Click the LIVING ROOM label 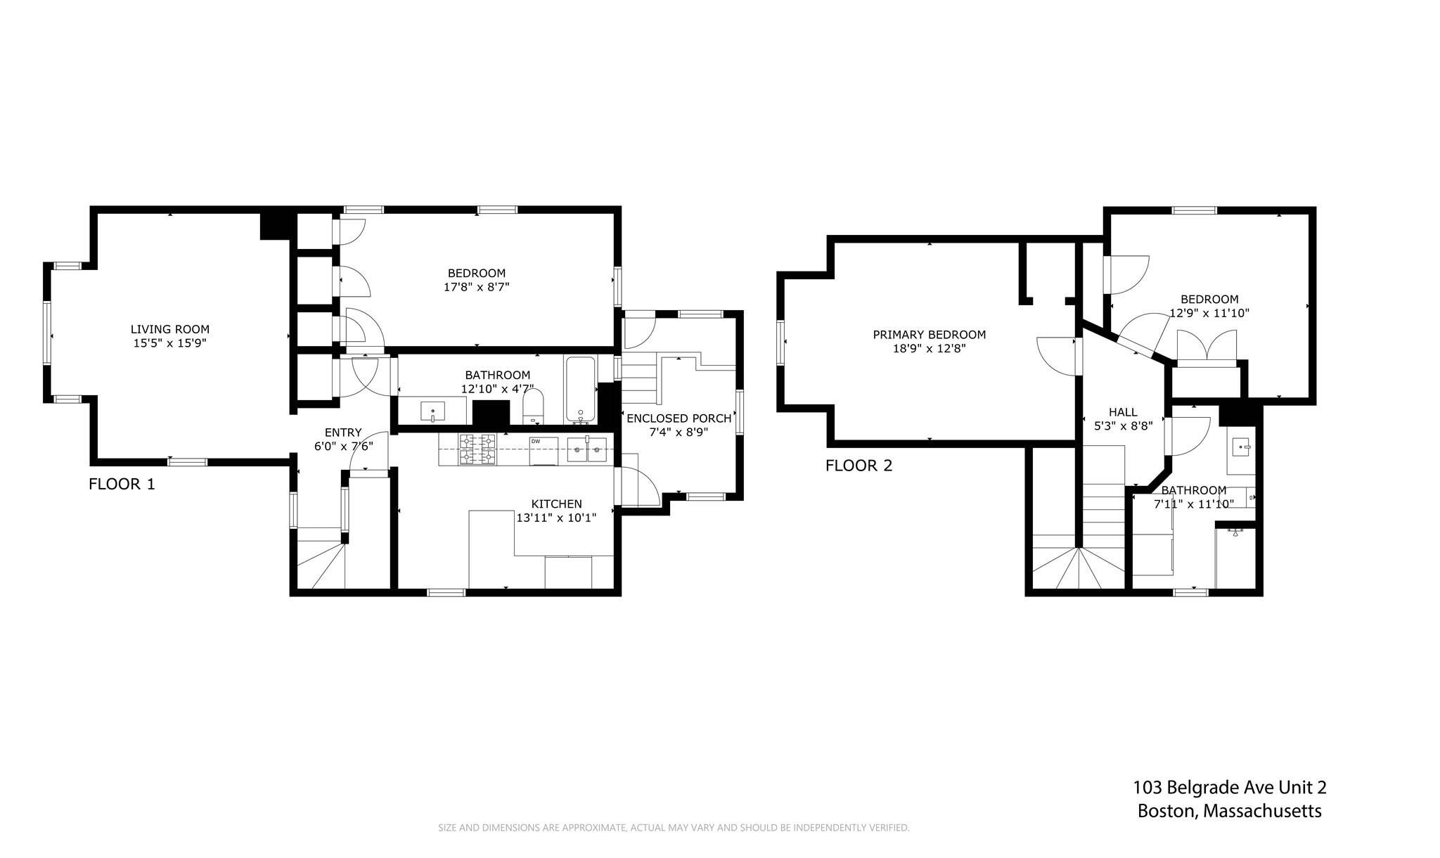[170, 329]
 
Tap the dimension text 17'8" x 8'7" [476, 287]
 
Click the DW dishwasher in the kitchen [544, 450]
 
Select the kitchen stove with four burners [477, 449]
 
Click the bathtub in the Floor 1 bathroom [581, 389]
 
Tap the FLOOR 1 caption [122, 484]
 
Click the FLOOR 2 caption [859, 466]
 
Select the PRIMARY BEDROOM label [929, 335]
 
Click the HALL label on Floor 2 [1123, 412]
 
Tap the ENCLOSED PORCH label [679, 418]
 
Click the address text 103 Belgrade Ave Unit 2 [1229, 788]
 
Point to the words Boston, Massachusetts [1229, 811]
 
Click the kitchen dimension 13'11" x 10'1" [556, 518]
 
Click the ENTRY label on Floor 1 [343, 433]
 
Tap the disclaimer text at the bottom [674, 828]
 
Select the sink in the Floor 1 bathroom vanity [432, 410]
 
